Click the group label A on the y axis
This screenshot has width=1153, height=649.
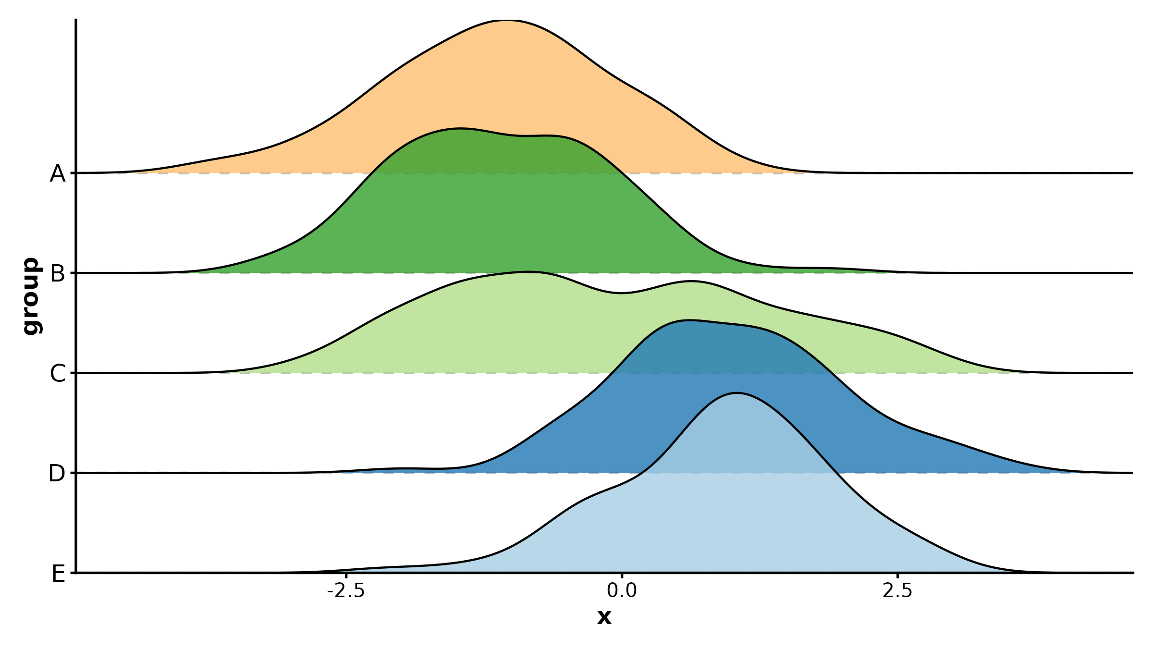[58, 173]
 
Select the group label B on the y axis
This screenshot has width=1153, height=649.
[58, 274]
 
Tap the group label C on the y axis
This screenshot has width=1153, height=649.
[58, 374]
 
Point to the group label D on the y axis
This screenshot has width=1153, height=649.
[57, 474]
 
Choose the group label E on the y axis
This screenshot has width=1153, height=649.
[58, 574]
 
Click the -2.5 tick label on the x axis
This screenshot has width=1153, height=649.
[346, 590]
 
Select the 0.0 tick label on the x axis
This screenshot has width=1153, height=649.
[622, 590]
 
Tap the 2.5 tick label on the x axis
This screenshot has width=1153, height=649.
[897, 590]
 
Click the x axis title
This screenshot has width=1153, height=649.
[604, 617]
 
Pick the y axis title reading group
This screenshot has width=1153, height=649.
[32, 296]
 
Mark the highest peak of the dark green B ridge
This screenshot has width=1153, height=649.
[460, 128]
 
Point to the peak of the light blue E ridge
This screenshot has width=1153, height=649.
[736, 393]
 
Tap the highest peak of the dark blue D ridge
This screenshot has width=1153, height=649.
[689, 320]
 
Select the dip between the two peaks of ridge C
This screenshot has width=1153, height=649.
[622, 293]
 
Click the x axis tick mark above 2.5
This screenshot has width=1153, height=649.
[897, 576]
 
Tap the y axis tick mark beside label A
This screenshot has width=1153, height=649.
[73, 173]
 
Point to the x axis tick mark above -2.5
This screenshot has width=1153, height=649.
[346, 576]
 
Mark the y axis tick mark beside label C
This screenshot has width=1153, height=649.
[73, 373]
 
